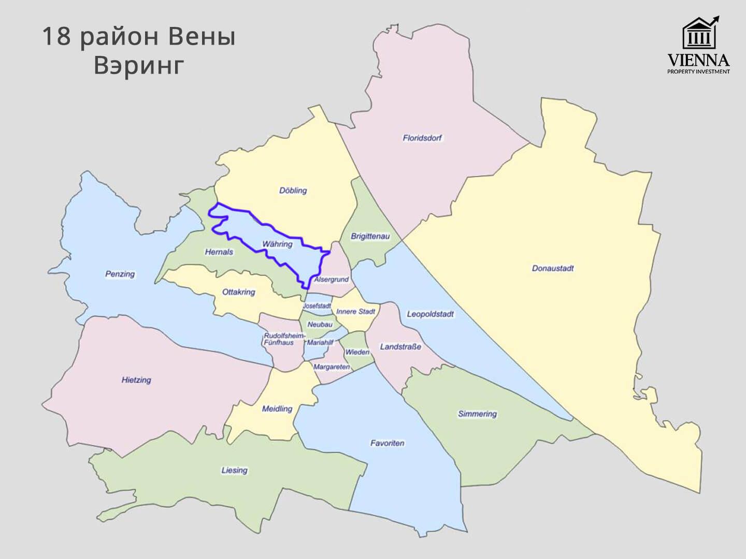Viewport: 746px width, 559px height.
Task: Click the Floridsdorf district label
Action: coord(422,138)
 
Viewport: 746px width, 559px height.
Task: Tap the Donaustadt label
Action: coord(553,269)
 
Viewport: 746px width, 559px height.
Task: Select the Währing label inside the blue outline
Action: coord(277,244)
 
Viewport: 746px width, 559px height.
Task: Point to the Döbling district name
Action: coord(293,190)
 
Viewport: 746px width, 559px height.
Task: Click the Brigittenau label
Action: coord(370,237)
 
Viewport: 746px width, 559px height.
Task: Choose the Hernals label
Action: coord(219,252)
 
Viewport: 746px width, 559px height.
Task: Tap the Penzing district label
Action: coord(120,274)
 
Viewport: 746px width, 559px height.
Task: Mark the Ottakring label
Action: coord(238,292)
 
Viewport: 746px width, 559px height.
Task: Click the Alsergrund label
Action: coord(332,279)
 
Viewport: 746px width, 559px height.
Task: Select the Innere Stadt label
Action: coord(355,312)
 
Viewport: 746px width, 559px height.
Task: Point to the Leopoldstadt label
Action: coord(430,314)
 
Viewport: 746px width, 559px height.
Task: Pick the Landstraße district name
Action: coord(400,347)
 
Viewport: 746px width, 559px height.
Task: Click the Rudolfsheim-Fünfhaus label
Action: coord(280,339)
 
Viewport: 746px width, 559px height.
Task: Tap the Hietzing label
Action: coord(136,380)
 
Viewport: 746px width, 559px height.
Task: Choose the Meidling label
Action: coord(277,409)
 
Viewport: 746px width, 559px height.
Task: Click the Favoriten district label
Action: coord(387,444)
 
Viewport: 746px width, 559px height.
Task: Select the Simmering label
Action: coord(477,414)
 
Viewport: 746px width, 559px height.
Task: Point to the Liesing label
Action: coord(234,470)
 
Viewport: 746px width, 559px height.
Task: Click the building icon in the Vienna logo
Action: coord(699,33)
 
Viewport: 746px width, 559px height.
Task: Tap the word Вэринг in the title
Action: coord(139,65)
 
